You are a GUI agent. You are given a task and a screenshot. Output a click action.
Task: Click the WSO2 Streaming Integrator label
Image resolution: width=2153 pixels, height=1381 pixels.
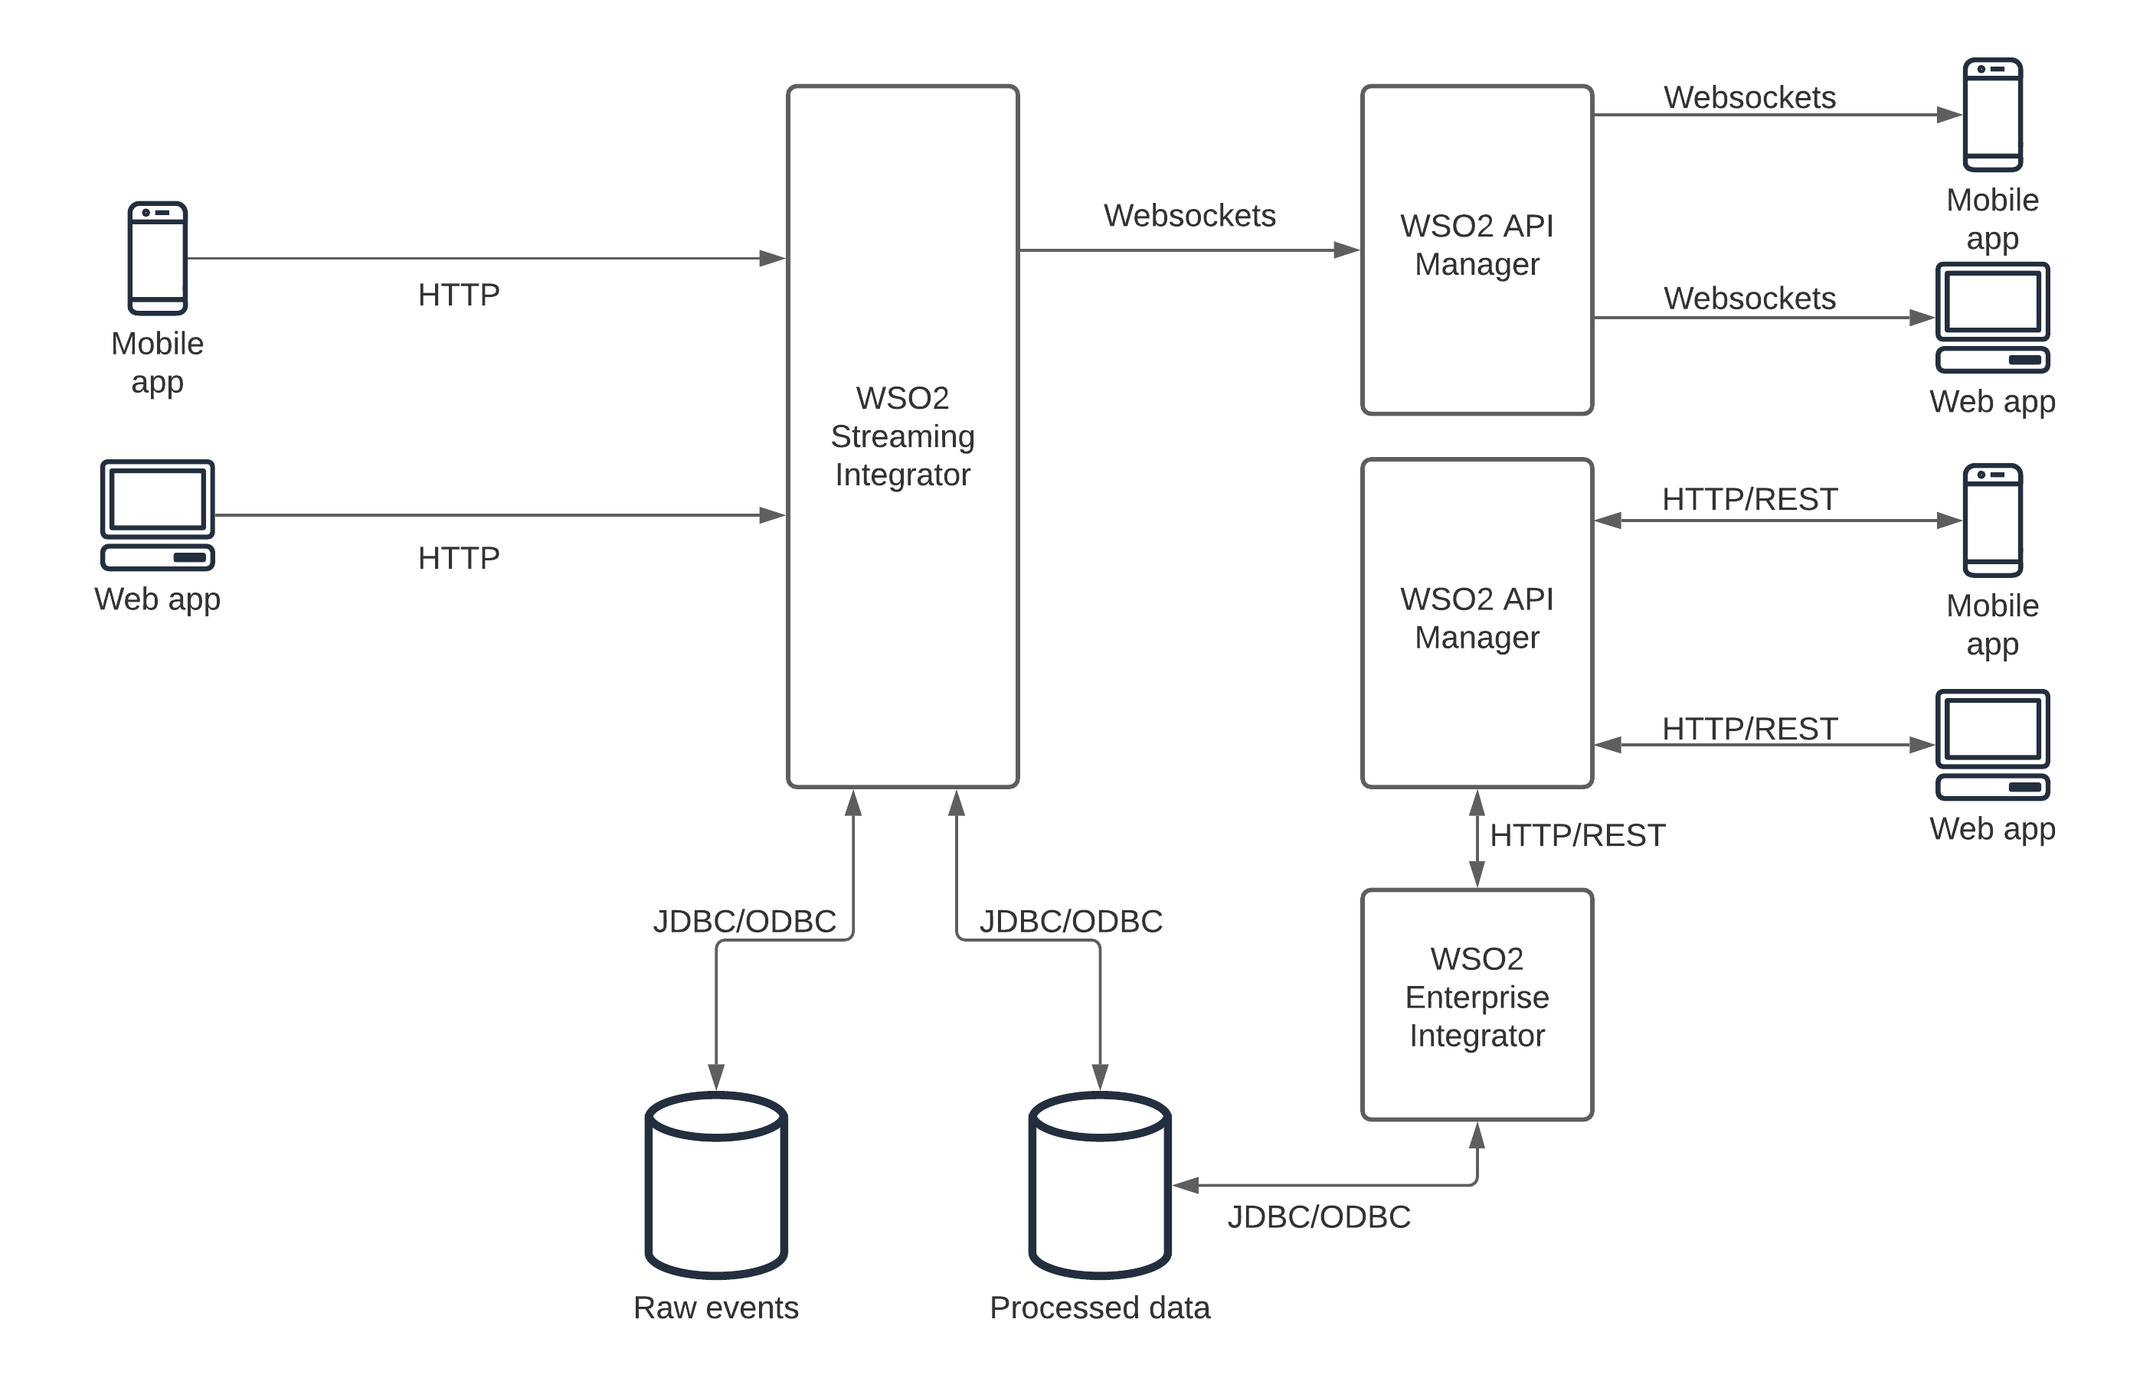pos(902,436)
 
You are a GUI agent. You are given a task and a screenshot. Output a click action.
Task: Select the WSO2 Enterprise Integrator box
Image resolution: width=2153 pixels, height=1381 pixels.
pos(1477,1005)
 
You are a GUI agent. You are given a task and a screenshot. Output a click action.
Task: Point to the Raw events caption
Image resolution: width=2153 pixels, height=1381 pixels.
pos(716,1308)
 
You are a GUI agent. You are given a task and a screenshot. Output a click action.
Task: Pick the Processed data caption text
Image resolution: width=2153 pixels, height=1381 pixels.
pos(1100,1308)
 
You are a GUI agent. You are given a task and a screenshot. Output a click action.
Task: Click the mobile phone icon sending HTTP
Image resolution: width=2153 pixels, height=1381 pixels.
pos(158,258)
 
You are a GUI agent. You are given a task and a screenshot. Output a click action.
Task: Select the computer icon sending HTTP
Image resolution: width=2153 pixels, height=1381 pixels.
pos(158,514)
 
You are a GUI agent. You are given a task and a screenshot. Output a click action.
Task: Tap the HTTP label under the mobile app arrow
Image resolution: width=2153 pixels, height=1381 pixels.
pos(459,295)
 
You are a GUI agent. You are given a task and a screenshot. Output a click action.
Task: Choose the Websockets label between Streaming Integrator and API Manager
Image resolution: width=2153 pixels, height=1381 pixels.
pos(1189,215)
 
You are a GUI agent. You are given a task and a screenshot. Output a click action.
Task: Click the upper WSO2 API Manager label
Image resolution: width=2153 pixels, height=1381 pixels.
pos(1477,245)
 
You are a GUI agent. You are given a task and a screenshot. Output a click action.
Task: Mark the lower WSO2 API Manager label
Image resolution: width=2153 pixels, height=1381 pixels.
pos(1477,618)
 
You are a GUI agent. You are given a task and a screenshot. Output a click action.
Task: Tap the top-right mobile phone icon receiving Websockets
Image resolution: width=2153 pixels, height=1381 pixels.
pos(1992,115)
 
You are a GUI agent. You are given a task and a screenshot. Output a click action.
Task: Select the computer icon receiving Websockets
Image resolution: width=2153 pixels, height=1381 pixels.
pos(1992,318)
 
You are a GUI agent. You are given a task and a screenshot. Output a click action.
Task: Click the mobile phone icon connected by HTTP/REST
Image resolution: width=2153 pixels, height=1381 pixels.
pos(1992,520)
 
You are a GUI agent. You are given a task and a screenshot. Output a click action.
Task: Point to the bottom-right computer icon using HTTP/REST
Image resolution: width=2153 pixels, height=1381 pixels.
pos(1992,744)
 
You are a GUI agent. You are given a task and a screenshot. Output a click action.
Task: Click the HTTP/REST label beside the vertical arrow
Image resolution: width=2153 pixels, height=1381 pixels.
pos(1577,836)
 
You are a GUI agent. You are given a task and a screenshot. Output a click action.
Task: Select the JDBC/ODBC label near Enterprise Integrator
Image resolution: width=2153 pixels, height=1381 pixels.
pos(1319,1217)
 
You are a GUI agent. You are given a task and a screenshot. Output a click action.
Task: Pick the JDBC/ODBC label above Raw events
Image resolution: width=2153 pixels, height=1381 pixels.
pos(744,921)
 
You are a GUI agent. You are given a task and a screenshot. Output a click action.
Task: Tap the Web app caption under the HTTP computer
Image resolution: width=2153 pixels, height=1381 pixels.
pos(158,599)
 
